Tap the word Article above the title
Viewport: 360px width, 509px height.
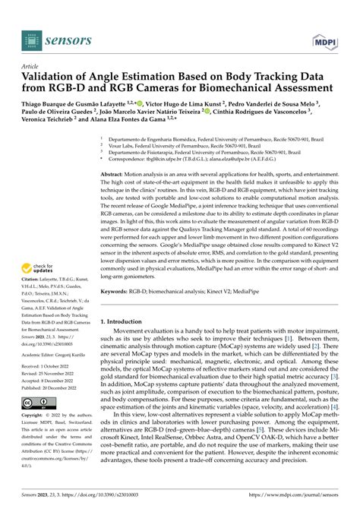[x=31, y=66]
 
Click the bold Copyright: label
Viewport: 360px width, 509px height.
[x=36, y=416]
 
